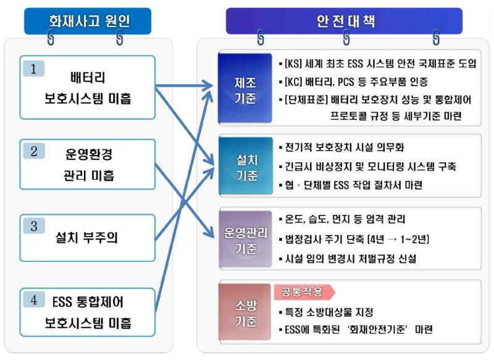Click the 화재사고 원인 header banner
tap(88, 21)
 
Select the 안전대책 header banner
tap(344, 21)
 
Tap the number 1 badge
tap(34, 69)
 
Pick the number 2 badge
tap(34, 151)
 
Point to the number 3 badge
tap(34, 226)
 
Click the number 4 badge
tap(34, 299)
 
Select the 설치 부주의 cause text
tap(86, 238)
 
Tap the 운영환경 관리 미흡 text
tap(88, 165)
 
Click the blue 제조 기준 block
tap(245, 88)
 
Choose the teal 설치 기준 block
tap(246, 165)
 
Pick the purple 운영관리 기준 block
tap(245, 239)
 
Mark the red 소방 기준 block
tap(245, 312)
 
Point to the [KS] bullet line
tap(377, 64)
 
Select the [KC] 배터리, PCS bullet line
tap(353, 82)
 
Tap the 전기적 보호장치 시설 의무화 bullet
tap(341, 147)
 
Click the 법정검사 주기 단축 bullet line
tap(354, 240)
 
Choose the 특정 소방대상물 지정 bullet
tap(326, 312)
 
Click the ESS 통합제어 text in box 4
tap(88, 302)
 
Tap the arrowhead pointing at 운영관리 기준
tap(209, 232)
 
